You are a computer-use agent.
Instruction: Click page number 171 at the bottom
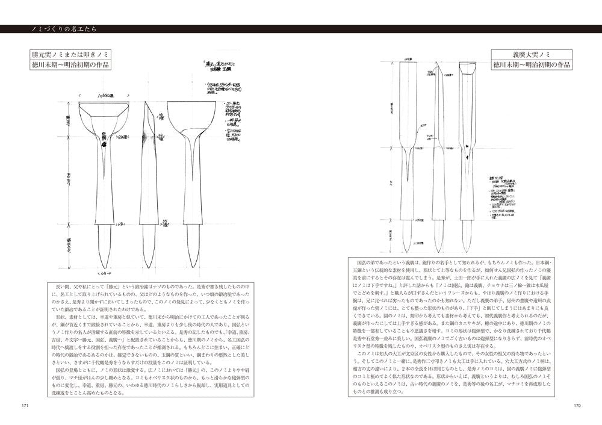(25, 405)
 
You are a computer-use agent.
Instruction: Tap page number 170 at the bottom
(576, 405)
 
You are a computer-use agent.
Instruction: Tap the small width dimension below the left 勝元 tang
(104, 274)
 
